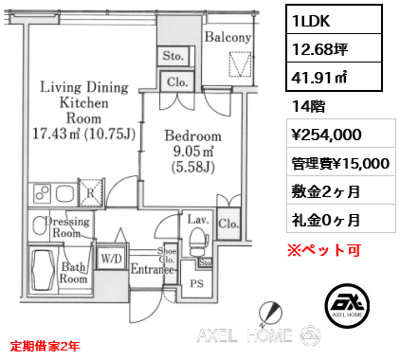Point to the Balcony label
(228, 38)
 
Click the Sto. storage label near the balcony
(172, 57)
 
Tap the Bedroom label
(192, 135)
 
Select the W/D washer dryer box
(110, 256)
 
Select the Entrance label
(153, 269)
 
